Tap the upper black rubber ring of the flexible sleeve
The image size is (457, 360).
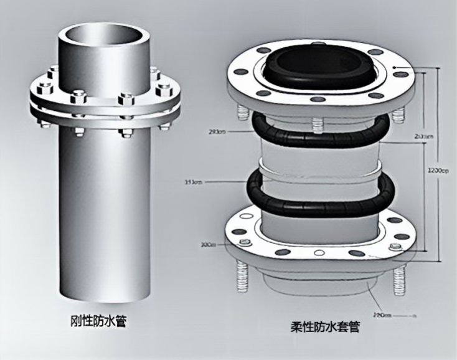[323, 131]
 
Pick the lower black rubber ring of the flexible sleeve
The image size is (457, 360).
[322, 190]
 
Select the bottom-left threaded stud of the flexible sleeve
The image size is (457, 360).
[242, 277]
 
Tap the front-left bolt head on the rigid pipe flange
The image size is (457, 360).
[78, 97]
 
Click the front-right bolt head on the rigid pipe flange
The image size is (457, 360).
[127, 98]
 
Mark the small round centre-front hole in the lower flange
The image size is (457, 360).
[319, 252]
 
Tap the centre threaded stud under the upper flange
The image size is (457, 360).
[319, 121]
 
